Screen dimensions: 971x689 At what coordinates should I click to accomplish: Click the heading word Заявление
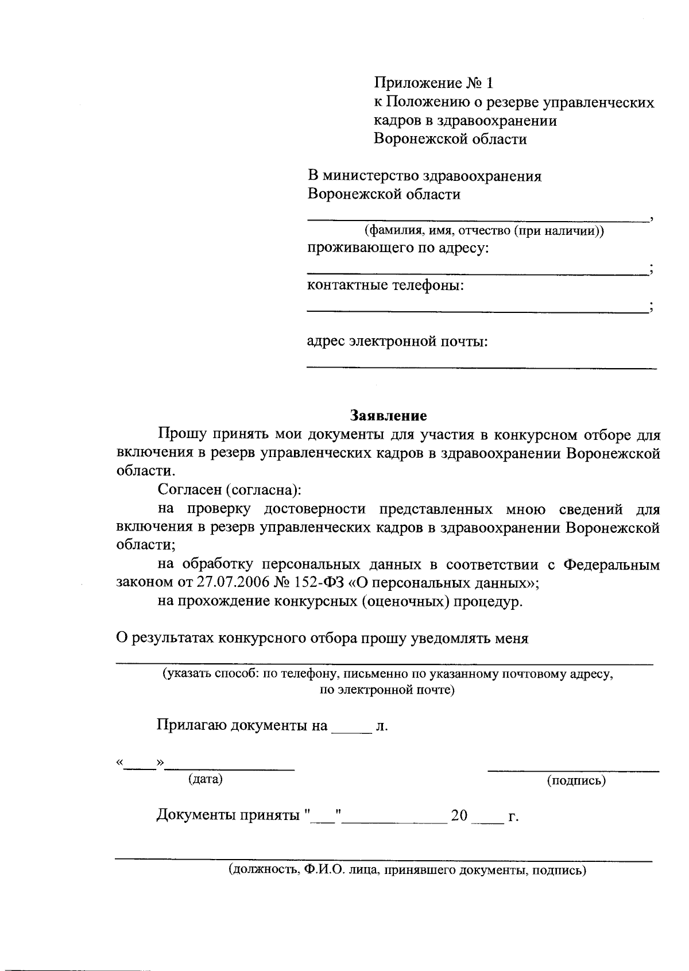point(389,415)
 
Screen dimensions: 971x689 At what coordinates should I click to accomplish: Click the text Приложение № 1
point(433,83)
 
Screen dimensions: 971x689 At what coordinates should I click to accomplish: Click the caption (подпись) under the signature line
point(576,780)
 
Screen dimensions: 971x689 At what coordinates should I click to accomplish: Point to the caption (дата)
point(205,779)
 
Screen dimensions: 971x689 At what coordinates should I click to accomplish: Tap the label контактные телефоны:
point(385,285)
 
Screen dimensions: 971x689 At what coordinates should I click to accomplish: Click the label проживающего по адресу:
point(398,248)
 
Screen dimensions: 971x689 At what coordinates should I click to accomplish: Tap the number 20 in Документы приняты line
point(460,816)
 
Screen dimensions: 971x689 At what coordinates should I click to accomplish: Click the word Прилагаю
point(192,726)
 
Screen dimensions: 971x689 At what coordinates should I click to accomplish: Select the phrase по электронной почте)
point(387,690)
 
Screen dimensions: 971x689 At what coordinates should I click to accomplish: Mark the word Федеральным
point(611,564)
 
